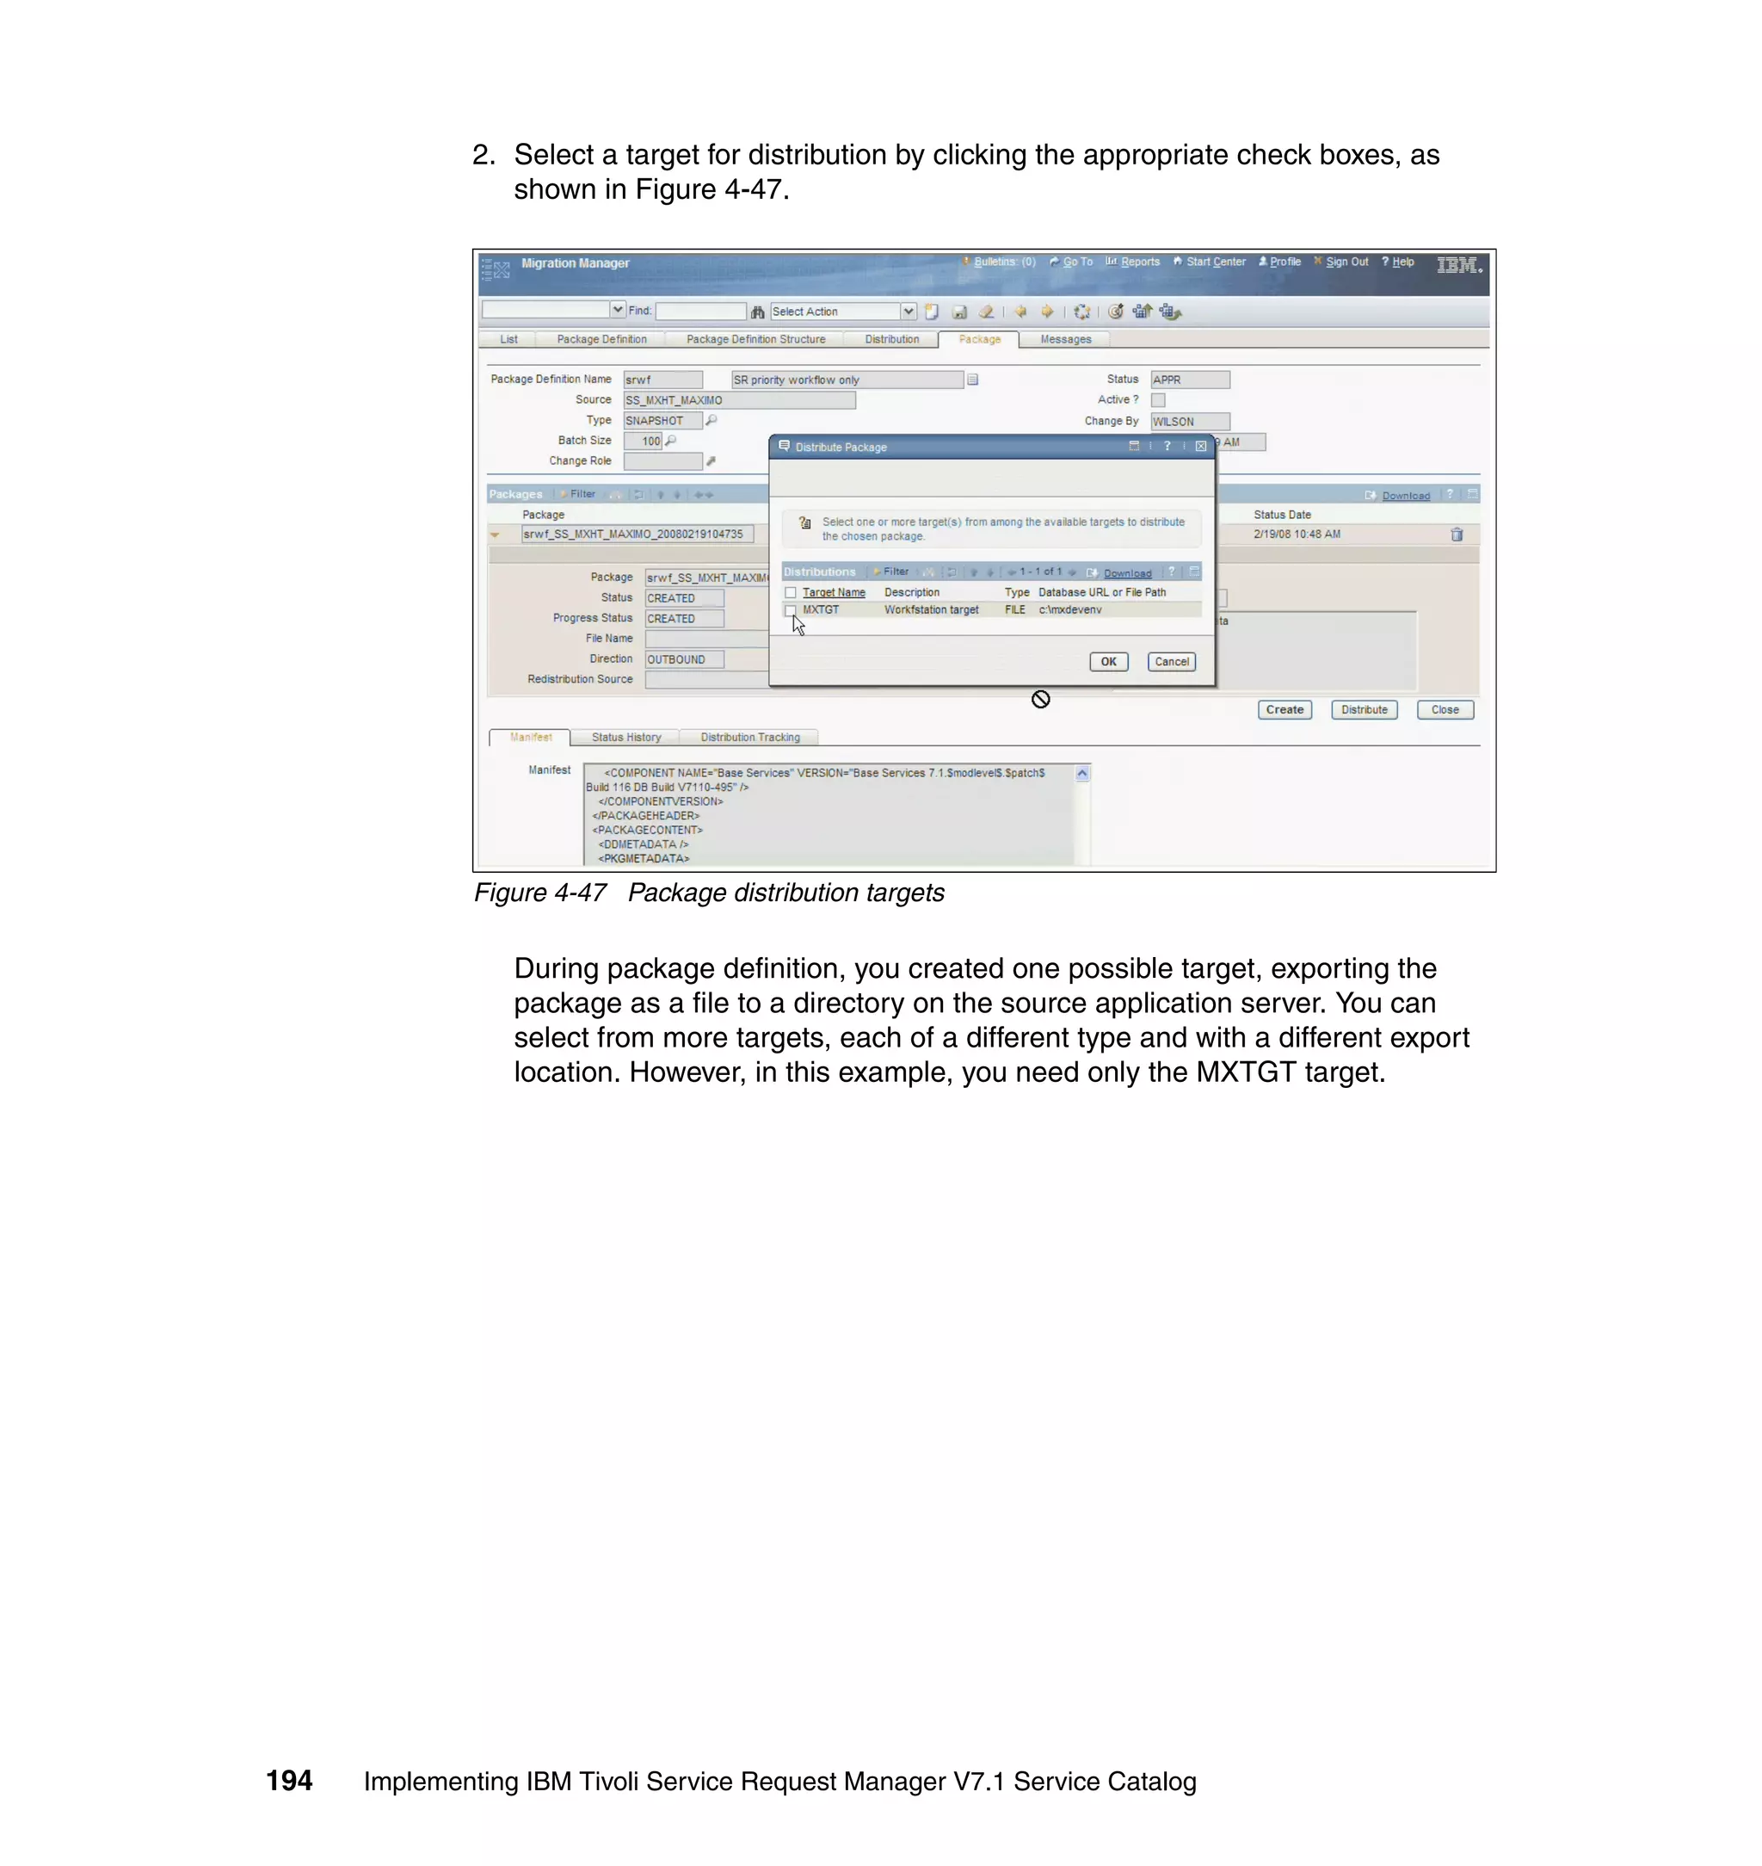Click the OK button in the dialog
pyautogui.click(x=1108, y=662)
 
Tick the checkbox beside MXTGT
pyautogui.click(x=791, y=609)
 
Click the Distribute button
pyautogui.click(x=1364, y=709)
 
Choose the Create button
pyautogui.click(x=1284, y=709)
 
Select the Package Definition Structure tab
pyautogui.click(x=755, y=339)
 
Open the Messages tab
pyautogui.click(x=1065, y=339)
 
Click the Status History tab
pyautogui.click(x=625, y=738)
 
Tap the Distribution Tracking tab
pyautogui.click(x=749, y=738)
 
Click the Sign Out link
pyautogui.click(x=1346, y=263)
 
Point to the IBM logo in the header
pyautogui.click(x=1457, y=265)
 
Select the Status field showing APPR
pyautogui.click(x=1189, y=380)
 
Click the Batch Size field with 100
pyautogui.click(x=644, y=441)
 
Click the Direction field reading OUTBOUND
pyautogui.click(x=684, y=659)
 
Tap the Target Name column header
pyautogui.click(x=833, y=593)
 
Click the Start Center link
pyautogui.click(x=1216, y=263)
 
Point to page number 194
pyautogui.click(x=289, y=1781)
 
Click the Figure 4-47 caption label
pyautogui.click(x=540, y=893)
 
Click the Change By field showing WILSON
pyautogui.click(x=1189, y=422)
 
